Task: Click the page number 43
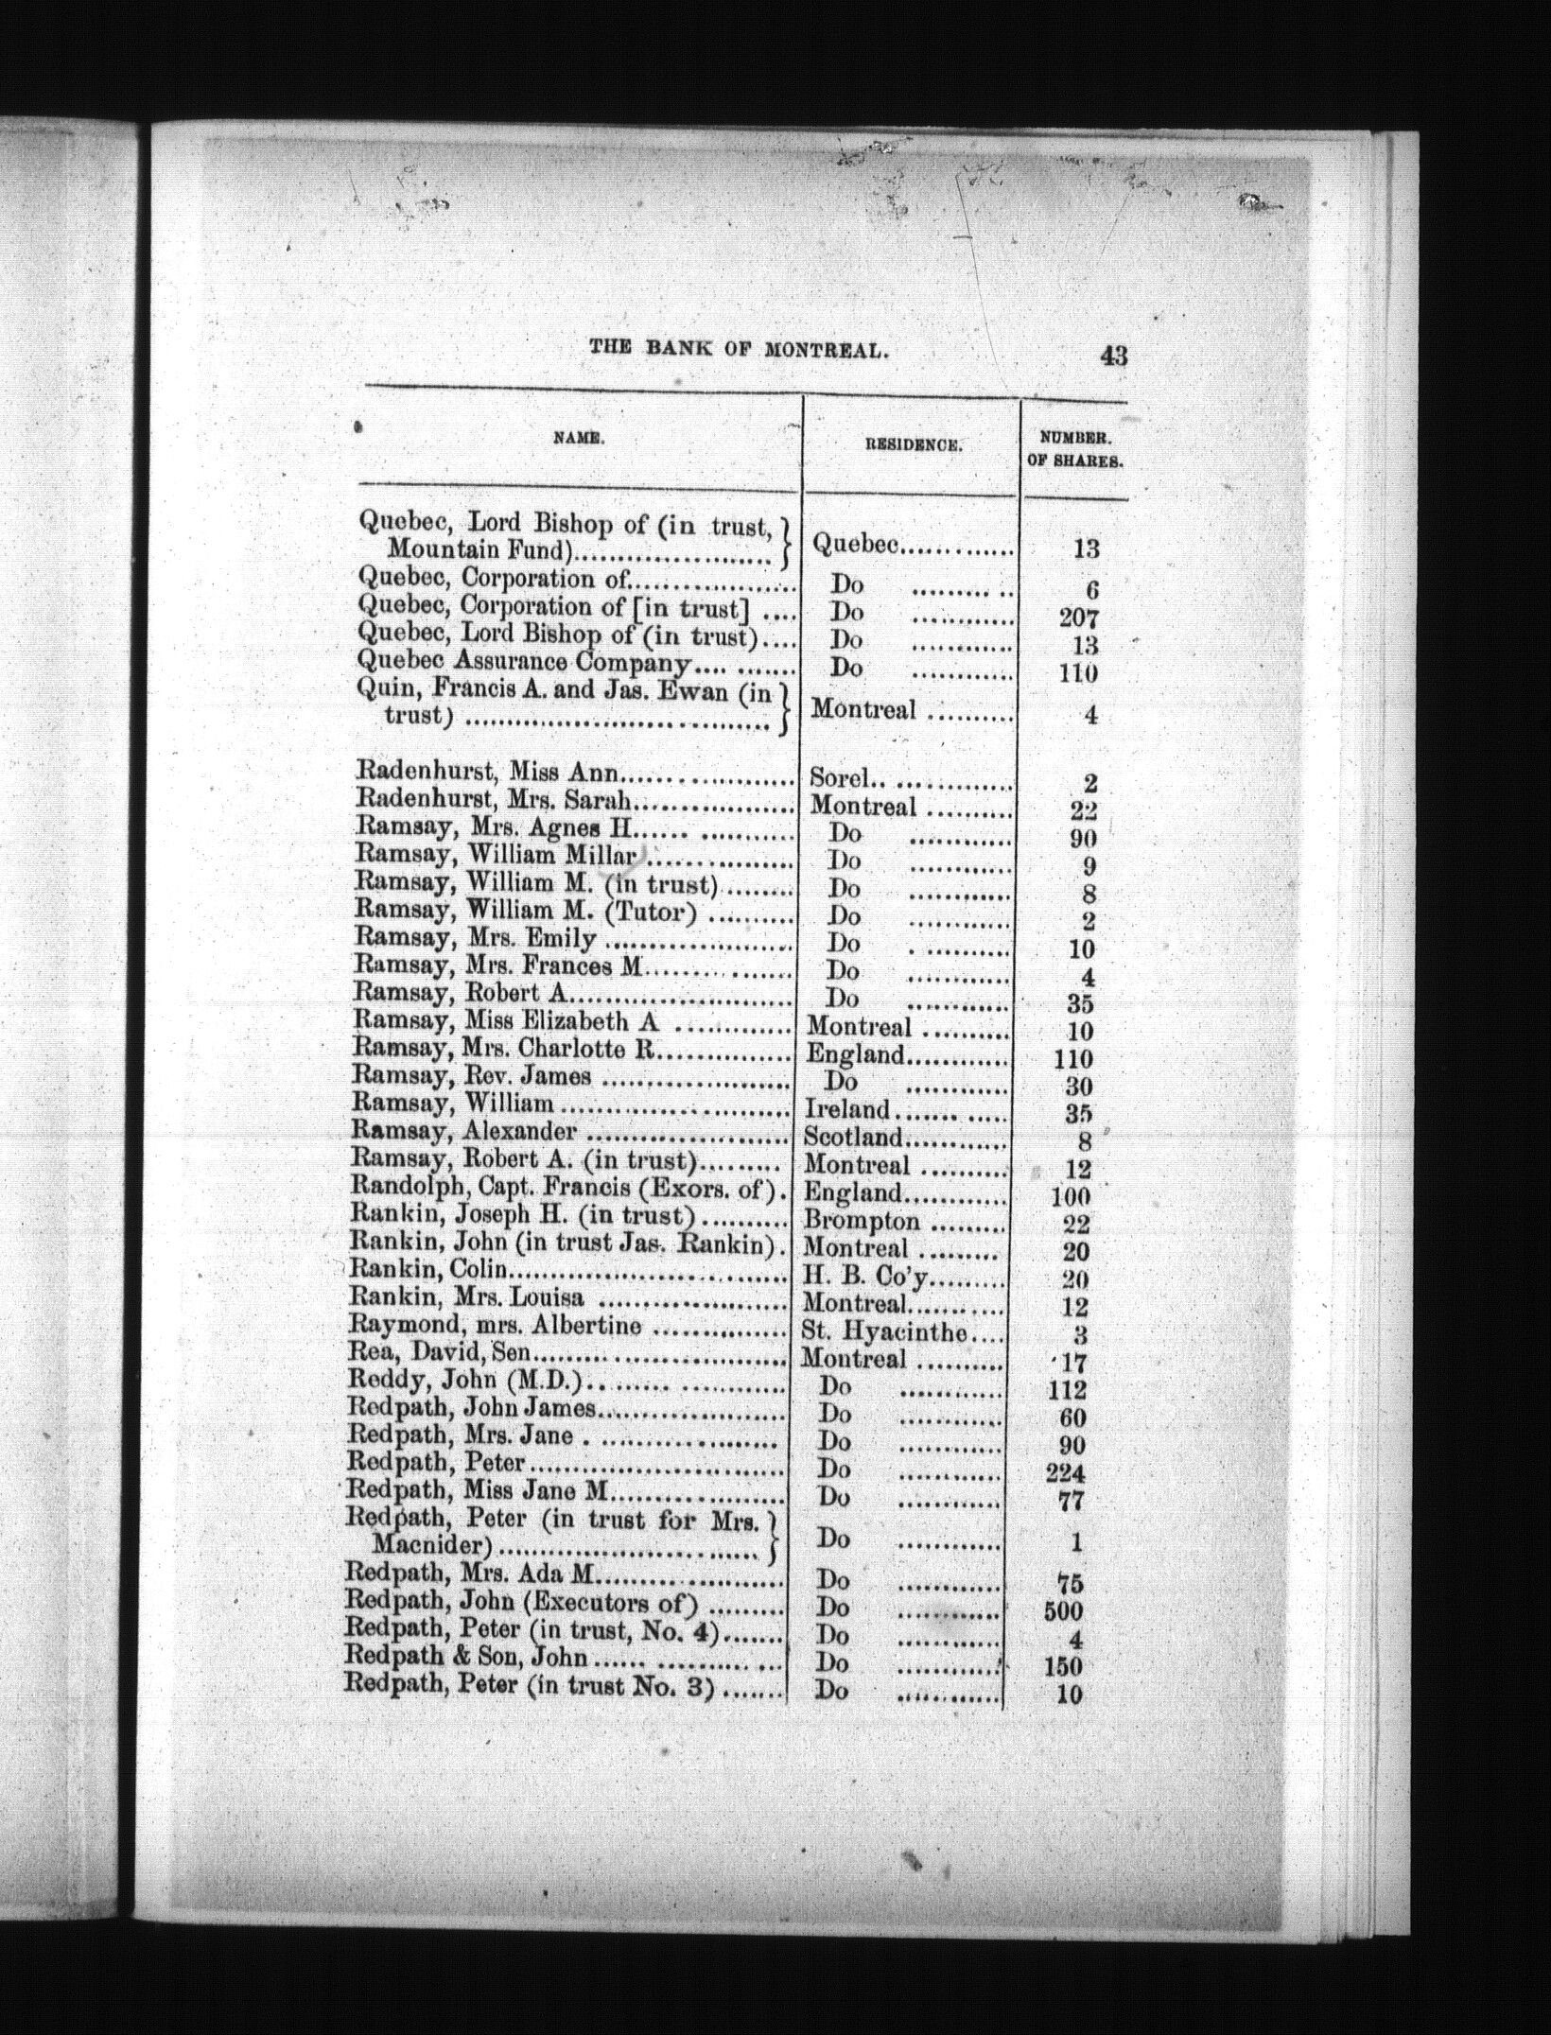click(x=1112, y=356)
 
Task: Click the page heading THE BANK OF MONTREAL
click(x=739, y=348)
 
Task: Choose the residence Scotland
click(x=853, y=1137)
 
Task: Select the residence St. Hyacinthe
click(x=884, y=1332)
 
